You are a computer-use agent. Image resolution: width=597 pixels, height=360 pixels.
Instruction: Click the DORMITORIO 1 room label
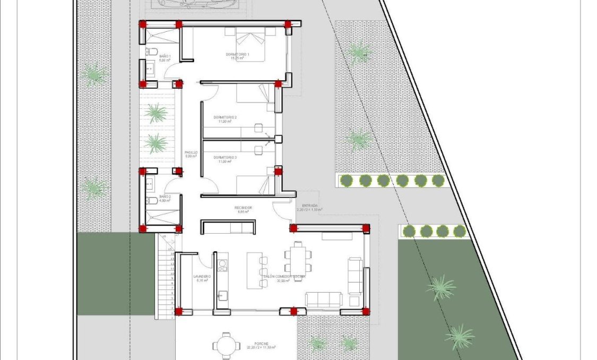pyautogui.click(x=237, y=55)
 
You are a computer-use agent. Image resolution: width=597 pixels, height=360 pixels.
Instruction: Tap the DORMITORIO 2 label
pyautogui.click(x=225, y=117)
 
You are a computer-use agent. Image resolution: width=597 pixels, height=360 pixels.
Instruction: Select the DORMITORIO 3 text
pyautogui.click(x=225, y=158)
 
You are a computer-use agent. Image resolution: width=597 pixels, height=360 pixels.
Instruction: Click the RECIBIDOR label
pyautogui.click(x=243, y=208)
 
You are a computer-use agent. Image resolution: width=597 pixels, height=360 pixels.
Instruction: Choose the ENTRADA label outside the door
pyautogui.click(x=310, y=205)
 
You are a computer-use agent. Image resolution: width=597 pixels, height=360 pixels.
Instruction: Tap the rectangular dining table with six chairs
pyautogui.click(x=298, y=258)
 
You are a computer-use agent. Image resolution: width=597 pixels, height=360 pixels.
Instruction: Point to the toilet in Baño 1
pyautogui.click(x=150, y=52)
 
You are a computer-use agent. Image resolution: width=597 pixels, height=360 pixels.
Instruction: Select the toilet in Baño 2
pyautogui.click(x=150, y=201)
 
